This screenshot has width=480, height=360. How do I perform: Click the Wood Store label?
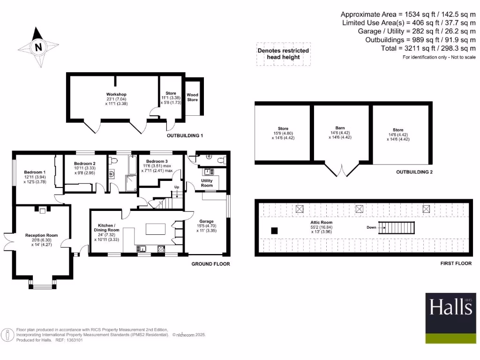tap(193, 97)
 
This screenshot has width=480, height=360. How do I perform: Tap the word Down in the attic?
tap(371, 227)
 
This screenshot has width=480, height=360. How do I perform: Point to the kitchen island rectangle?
tap(156, 229)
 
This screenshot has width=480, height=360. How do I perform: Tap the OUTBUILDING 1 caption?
tap(185, 136)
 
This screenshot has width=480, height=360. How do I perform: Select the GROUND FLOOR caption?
tap(210, 264)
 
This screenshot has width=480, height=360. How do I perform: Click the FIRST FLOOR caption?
tap(456, 263)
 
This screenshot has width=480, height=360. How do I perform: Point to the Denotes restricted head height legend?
tap(283, 54)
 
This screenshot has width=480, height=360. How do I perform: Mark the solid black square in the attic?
tap(275, 230)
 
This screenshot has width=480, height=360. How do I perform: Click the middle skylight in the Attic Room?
tap(359, 209)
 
